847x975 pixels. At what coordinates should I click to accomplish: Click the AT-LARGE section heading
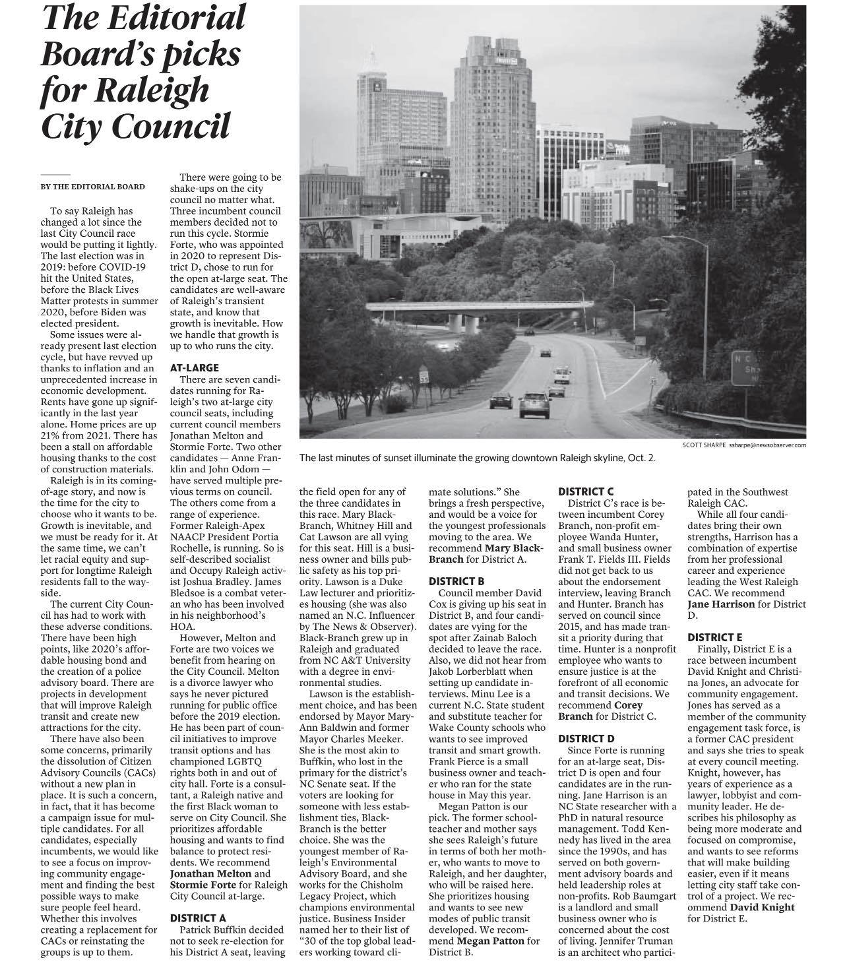194,367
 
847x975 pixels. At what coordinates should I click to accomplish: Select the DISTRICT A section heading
198,918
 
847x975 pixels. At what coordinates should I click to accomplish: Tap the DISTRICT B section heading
456,581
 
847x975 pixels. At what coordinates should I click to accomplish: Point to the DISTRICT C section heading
586,491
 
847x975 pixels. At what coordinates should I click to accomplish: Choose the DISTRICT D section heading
586,738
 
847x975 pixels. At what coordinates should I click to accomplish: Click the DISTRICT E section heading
714,637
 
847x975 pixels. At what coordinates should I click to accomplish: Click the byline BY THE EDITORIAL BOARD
92,187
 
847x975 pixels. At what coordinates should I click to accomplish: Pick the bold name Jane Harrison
722,604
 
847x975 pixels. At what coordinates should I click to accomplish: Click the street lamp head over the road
668,237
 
